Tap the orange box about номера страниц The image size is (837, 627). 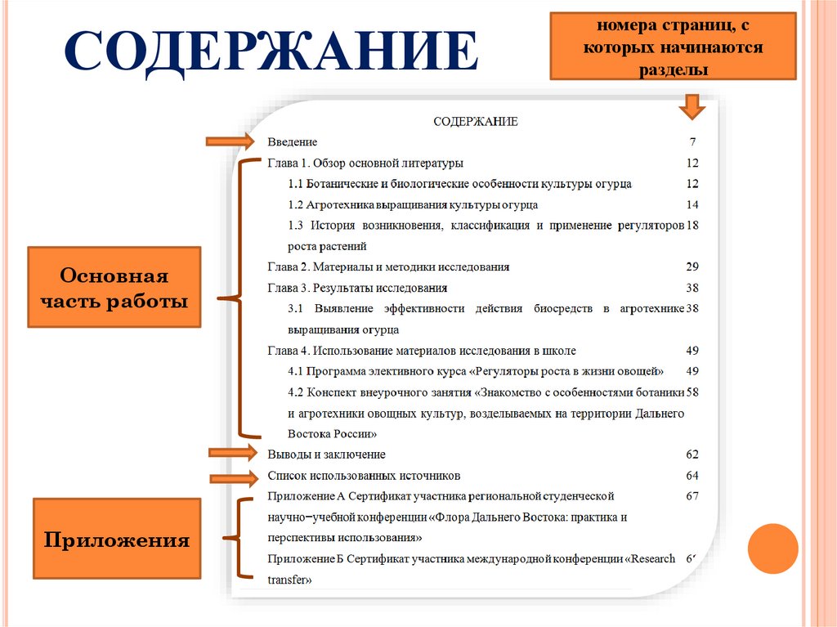pyautogui.click(x=673, y=47)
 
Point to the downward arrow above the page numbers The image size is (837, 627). pyautogui.click(x=692, y=105)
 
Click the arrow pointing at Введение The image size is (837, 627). pyautogui.click(x=231, y=141)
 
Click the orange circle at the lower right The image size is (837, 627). pyautogui.click(x=772, y=548)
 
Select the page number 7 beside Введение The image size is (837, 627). pyautogui.click(x=692, y=141)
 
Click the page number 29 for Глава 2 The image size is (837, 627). pyautogui.click(x=692, y=266)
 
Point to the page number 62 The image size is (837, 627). pyautogui.click(x=692, y=454)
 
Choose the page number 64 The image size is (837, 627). pyautogui.click(x=692, y=475)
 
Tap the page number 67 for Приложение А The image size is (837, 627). pyautogui.click(x=692, y=496)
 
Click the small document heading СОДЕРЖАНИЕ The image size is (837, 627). pyautogui.click(x=475, y=121)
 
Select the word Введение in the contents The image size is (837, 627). pyautogui.click(x=292, y=141)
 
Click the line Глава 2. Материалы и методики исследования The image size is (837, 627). pyautogui.click(x=388, y=266)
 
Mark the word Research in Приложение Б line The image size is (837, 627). pyautogui.click(x=655, y=559)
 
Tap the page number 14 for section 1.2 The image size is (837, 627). pyautogui.click(x=692, y=204)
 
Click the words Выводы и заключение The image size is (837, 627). pyautogui.click(x=326, y=454)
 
